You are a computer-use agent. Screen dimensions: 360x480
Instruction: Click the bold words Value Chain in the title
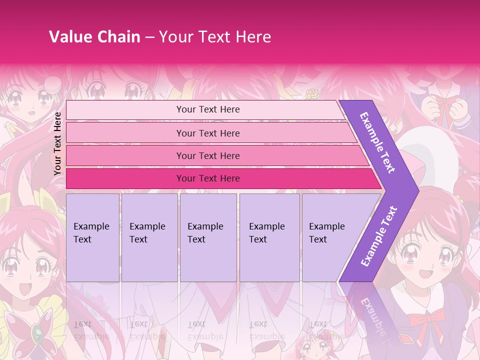[94, 36]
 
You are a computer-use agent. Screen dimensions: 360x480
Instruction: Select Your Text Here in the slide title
[215, 36]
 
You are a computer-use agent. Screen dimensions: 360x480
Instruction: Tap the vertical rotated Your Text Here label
[57, 143]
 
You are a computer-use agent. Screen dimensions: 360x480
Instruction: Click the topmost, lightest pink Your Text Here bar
[207, 109]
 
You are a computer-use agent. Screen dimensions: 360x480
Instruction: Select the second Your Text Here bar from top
[207, 133]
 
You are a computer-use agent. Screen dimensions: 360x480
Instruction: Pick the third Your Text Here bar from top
[207, 155]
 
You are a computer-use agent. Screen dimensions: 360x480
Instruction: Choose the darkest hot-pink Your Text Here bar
[207, 178]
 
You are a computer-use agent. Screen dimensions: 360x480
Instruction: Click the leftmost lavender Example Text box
[92, 237]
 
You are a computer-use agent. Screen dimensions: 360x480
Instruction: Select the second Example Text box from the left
[149, 237]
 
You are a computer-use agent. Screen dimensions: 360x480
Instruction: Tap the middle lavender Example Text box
[208, 237]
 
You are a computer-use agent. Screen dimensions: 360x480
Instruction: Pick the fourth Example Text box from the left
[269, 237]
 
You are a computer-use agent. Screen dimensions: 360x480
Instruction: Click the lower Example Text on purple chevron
[379, 236]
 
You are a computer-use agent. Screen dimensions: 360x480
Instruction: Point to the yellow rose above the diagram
[312, 93]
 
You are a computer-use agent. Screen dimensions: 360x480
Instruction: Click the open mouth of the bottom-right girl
[426, 273]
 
